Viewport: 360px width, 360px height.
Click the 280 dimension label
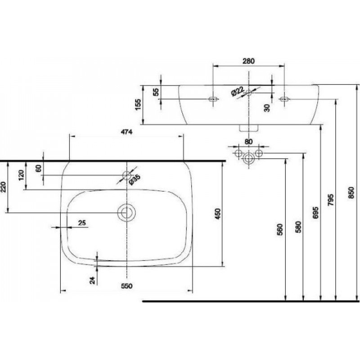pos(249,61)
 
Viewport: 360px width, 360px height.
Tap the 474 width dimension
pos(127,132)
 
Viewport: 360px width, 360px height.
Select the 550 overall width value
pos(127,286)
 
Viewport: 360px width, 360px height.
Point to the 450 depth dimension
pos(218,213)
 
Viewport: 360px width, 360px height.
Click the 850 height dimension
pos(351,193)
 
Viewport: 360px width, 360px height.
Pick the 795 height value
pos(330,200)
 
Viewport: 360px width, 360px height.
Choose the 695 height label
pos(315,212)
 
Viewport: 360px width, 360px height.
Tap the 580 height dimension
pos(298,227)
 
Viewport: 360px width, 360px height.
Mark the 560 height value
pos(280,230)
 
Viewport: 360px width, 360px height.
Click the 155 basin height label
pos(138,104)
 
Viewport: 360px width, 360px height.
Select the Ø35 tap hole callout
pos(135,180)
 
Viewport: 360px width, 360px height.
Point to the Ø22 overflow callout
pos(238,91)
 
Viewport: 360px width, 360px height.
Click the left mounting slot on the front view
pos(213,99)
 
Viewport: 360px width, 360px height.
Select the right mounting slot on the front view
pos(284,99)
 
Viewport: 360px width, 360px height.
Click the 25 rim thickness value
pos(82,223)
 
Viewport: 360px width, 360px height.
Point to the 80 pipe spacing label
pos(248,142)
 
